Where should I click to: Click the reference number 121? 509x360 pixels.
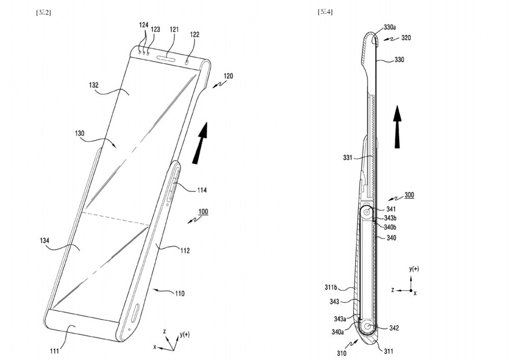coord(174,30)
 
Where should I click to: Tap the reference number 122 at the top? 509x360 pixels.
coord(195,35)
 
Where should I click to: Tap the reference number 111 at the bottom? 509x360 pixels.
coord(54,350)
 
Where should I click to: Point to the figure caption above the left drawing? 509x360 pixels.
coord(43,12)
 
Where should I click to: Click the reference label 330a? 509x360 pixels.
coord(393,27)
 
